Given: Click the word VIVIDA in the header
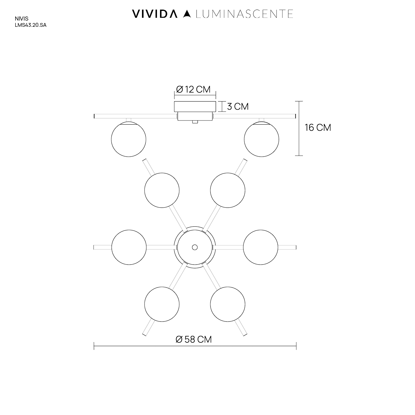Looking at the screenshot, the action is [x=155, y=14].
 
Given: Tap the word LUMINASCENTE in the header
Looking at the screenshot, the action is [x=244, y=14].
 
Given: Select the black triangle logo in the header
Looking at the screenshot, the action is [x=187, y=14].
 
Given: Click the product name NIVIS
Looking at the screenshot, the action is [x=21, y=19].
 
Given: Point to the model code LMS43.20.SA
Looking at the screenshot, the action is [x=31, y=25].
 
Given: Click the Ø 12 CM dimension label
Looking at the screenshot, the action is [x=193, y=89].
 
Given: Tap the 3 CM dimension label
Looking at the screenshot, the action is [x=238, y=106].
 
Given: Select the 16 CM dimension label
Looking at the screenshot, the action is [x=318, y=128].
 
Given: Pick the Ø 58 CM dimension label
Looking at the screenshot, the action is [x=194, y=340].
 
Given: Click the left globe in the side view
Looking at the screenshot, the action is [x=129, y=139].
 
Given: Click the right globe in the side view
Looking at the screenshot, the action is [x=262, y=139].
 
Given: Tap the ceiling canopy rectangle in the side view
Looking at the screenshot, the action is [x=195, y=106].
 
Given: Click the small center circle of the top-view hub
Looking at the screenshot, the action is [x=195, y=247].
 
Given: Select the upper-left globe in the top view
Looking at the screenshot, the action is [x=162, y=190].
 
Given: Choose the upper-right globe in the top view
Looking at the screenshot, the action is [x=228, y=190].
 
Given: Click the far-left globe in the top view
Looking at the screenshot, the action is [x=129, y=247].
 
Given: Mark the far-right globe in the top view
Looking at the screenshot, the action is [x=261, y=247].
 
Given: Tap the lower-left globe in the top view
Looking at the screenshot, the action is [x=162, y=304].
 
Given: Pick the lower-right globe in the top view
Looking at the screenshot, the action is [x=228, y=304].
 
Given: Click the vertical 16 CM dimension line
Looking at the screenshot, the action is [x=299, y=128].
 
